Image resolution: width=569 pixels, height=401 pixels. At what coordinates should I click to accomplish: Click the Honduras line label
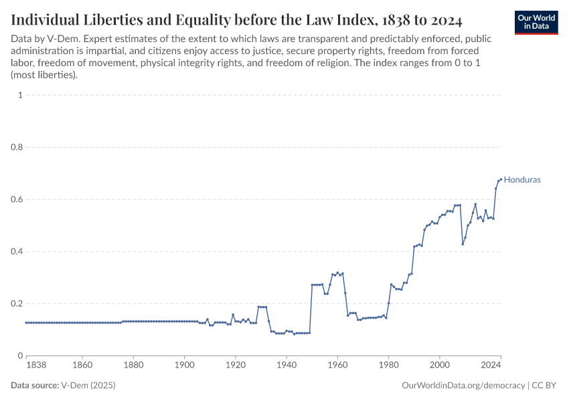click(x=521, y=180)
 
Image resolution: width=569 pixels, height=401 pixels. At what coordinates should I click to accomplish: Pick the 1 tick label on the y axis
click(x=20, y=95)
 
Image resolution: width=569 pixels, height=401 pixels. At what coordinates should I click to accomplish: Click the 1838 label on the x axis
click(x=36, y=366)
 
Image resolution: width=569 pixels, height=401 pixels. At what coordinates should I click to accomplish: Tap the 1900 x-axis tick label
click(x=184, y=366)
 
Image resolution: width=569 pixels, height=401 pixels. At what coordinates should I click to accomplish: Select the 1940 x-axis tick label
click(x=287, y=366)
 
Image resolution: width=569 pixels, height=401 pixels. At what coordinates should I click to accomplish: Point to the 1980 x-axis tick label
click(x=388, y=366)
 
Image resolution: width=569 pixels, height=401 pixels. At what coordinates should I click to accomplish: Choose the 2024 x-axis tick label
click(x=491, y=366)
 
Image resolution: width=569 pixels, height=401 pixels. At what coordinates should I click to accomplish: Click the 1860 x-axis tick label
click(x=82, y=366)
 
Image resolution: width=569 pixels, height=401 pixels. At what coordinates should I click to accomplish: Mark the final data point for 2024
click(x=501, y=179)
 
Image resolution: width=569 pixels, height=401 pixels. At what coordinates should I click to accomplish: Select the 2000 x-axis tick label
click(x=440, y=366)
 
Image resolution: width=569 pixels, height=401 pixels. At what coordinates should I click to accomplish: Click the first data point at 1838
click(x=26, y=323)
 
